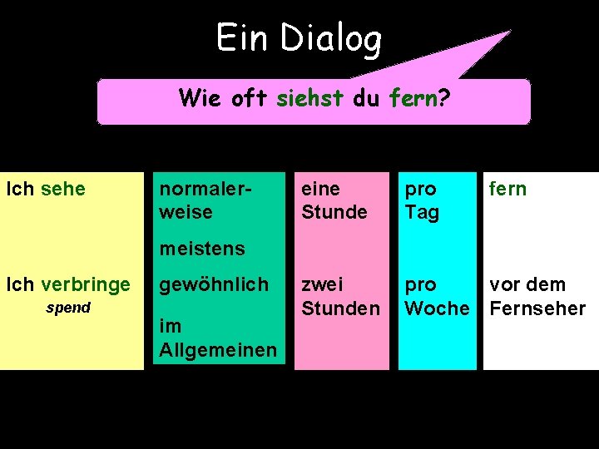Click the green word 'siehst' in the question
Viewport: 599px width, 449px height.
309,99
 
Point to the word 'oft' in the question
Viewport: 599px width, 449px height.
249,99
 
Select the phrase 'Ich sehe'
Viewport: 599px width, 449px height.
46,189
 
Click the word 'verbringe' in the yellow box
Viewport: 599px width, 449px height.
85,284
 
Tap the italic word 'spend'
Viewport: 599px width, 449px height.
67,308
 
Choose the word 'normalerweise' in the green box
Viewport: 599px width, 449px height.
196,200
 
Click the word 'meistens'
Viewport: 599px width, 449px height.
202,248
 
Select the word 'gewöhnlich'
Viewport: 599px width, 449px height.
214,284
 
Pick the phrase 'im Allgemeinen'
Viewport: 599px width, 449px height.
217,338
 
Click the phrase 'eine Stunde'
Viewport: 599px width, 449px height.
334,200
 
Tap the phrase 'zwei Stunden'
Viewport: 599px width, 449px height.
340,296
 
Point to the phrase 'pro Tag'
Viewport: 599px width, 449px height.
422,200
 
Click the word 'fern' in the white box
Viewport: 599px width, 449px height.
507,189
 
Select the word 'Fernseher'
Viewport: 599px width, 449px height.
537,308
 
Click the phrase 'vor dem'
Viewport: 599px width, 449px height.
527,284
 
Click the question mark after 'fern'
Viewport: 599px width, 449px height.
444,99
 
